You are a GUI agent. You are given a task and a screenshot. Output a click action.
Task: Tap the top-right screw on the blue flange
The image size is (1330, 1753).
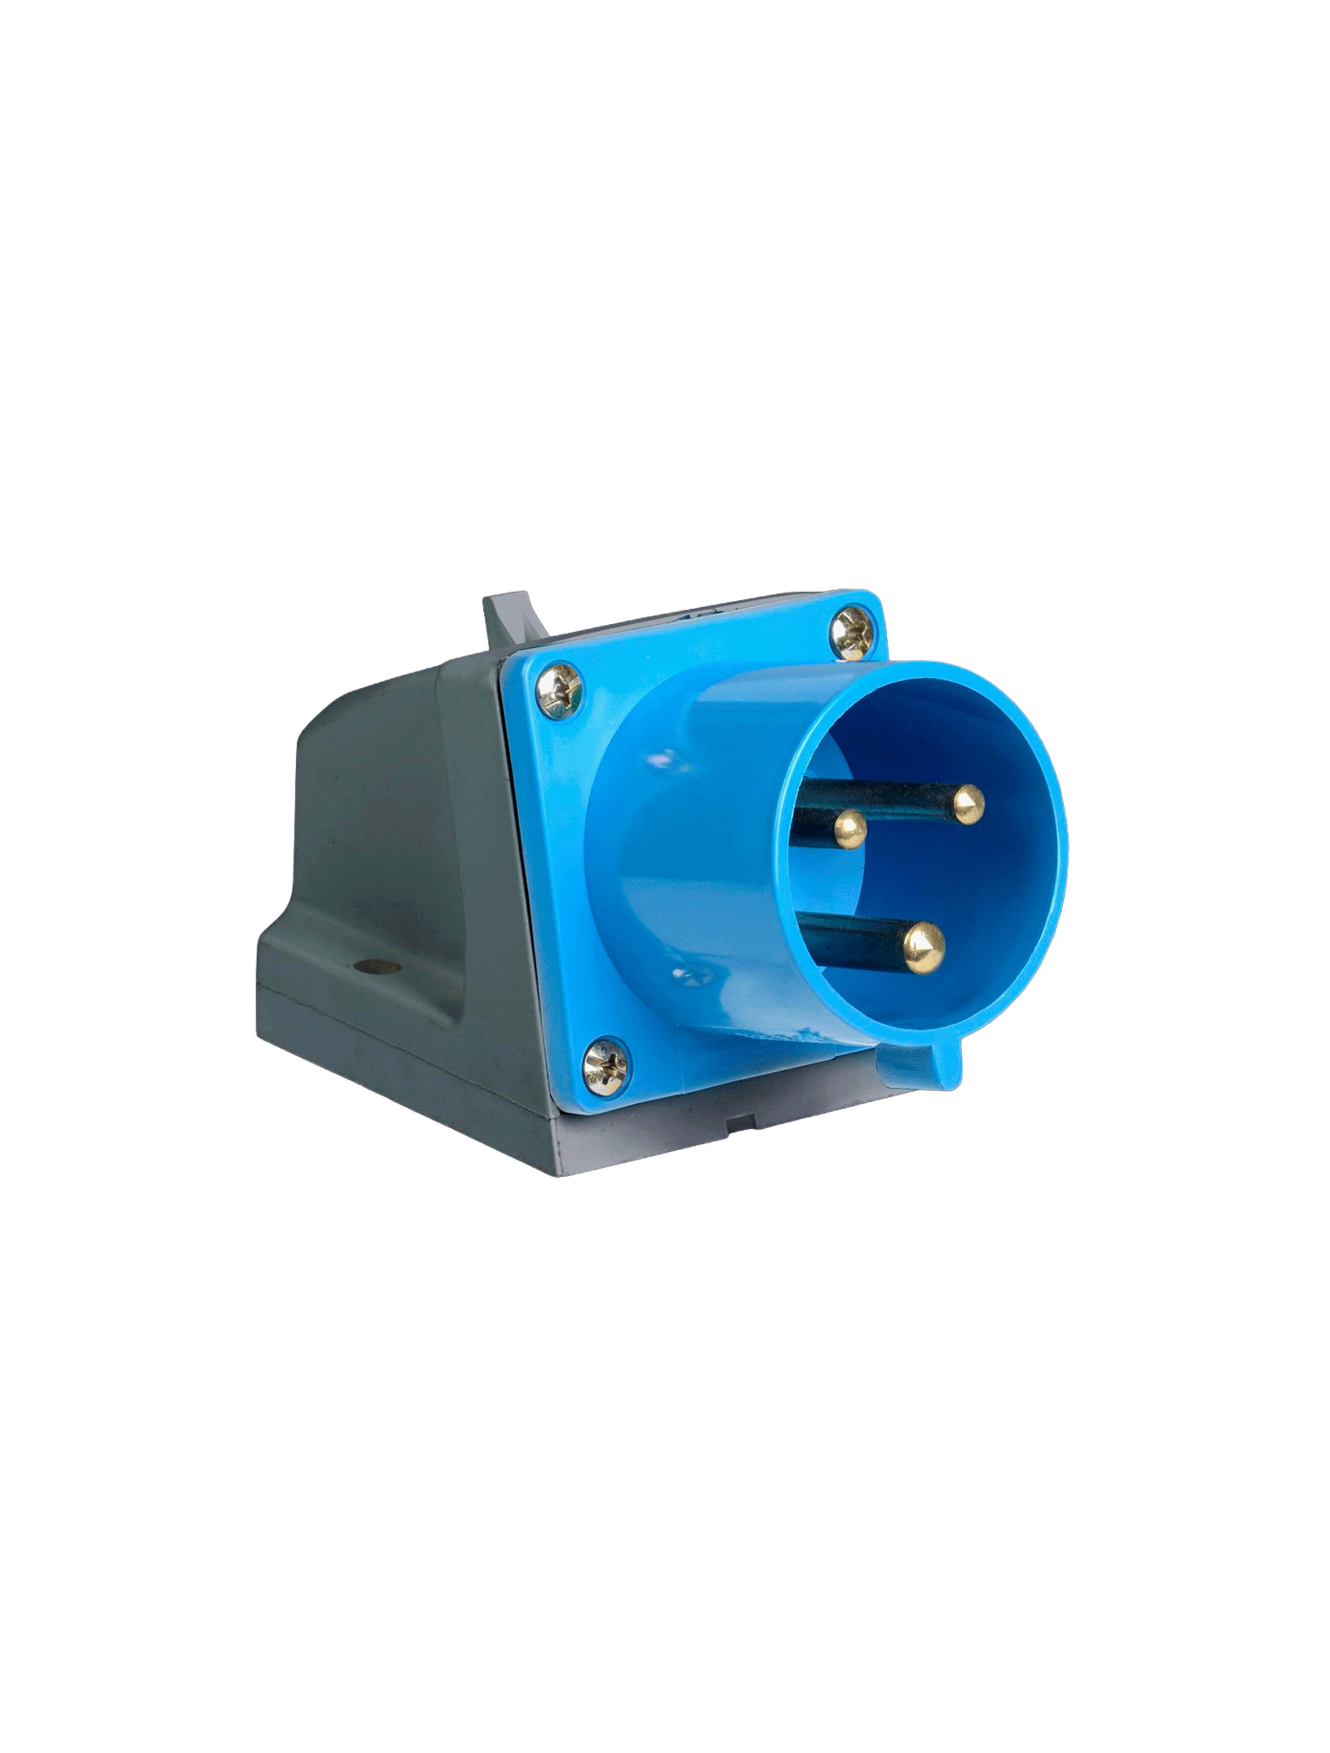853,632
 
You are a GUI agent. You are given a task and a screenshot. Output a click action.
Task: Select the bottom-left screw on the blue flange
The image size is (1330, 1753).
606,1068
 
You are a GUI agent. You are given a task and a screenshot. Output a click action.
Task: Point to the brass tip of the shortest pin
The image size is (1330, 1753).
850,830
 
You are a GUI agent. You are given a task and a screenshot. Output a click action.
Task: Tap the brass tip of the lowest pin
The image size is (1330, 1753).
925,948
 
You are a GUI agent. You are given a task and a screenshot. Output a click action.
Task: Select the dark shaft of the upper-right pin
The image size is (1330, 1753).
880,796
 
